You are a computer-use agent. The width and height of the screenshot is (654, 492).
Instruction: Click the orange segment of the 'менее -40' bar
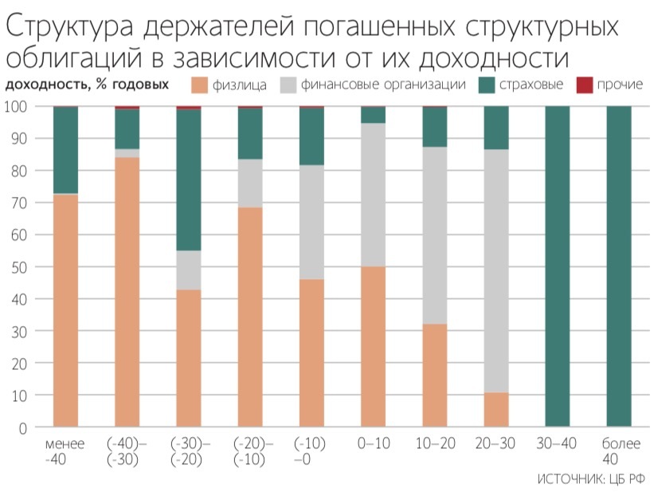point(65,311)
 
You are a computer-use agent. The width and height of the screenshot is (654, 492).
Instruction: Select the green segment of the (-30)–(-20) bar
point(188,179)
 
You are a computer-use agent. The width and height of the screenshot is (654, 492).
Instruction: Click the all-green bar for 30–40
point(557,267)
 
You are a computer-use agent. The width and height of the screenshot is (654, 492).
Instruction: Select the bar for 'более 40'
point(618,267)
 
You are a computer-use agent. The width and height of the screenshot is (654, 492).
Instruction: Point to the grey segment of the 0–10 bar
point(373,195)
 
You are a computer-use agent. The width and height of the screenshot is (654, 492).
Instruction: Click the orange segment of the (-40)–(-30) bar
point(127,292)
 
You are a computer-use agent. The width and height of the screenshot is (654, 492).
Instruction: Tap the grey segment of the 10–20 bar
point(434,235)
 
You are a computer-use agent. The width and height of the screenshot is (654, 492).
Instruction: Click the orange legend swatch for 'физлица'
point(200,85)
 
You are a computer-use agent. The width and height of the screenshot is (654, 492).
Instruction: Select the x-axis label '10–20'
point(434,443)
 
